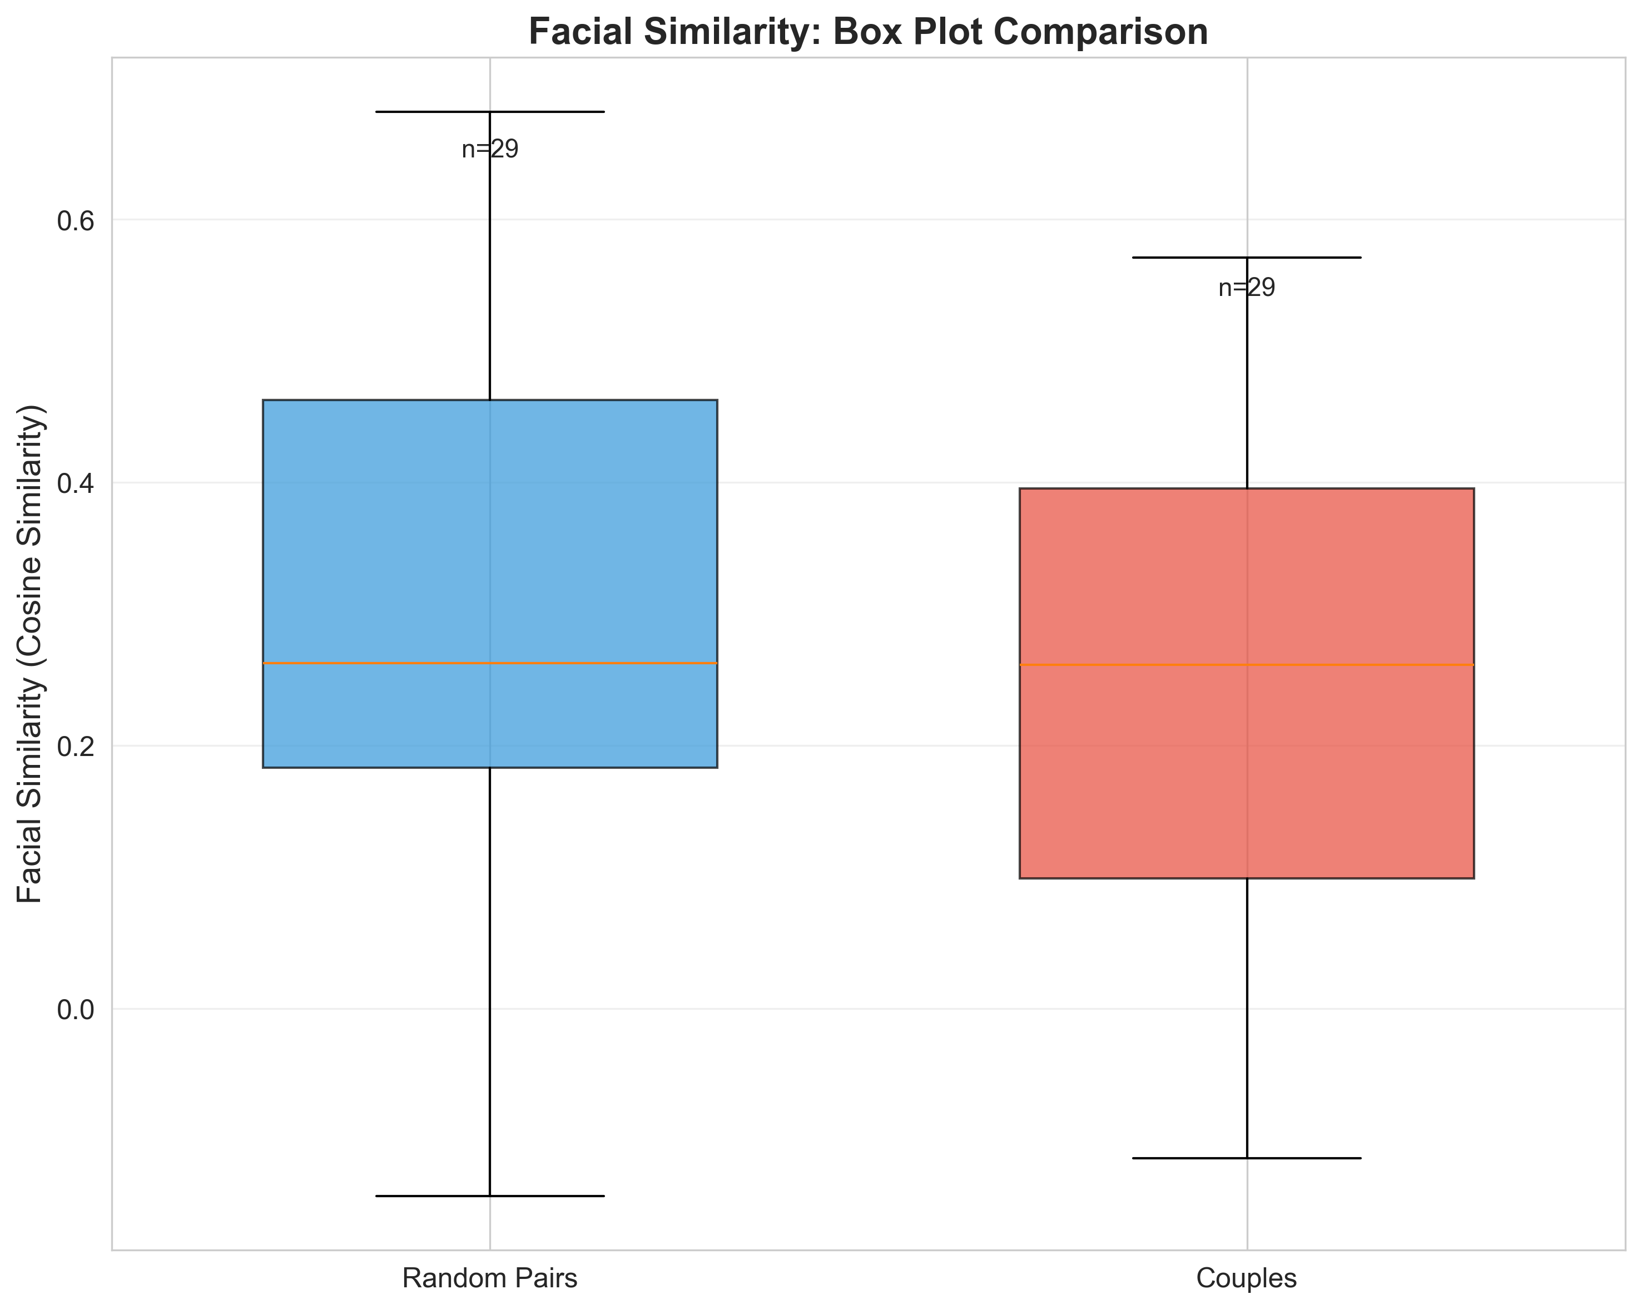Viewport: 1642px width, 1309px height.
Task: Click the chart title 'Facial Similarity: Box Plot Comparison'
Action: pyautogui.click(x=868, y=33)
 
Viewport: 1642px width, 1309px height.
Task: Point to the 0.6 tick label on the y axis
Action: pyautogui.click(x=74, y=221)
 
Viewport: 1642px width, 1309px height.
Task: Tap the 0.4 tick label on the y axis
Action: pyautogui.click(x=74, y=484)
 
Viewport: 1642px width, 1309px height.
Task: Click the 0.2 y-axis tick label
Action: pyautogui.click(x=74, y=747)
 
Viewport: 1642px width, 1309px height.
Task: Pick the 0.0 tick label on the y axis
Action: pyautogui.click(x=74, y=1010)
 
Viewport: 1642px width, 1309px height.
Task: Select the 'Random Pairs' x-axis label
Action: pyautogui.click(x=490, y=1278)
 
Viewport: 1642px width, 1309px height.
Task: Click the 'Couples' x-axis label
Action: pyautogui.click(x=1247, y=1278)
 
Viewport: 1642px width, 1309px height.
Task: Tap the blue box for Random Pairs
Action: pyautogui.click(x=381, y=534)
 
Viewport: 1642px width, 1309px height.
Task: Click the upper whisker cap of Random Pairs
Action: pyautogui.click(x=548, y=112)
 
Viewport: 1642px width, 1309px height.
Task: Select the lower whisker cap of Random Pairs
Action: pyautogui.click(x=548, y=1196)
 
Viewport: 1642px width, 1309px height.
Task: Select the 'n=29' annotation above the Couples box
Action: pyautogui.click(x=1247, y=288)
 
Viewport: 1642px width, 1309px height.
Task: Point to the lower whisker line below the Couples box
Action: pyautogui.click(x=1247, y=1021)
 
